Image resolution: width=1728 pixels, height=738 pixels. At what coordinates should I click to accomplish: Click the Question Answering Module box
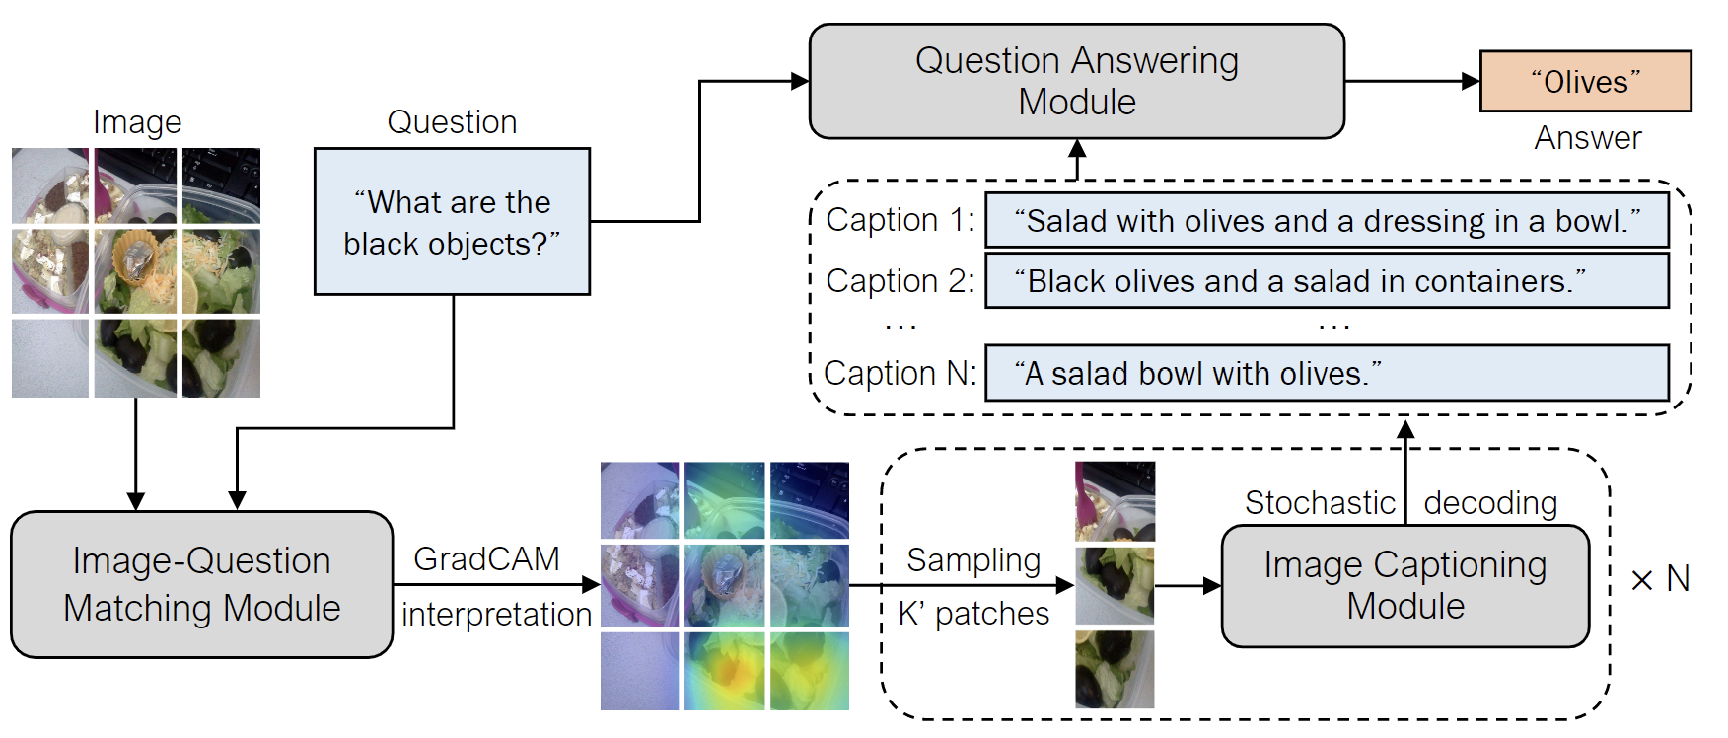point(1077,81)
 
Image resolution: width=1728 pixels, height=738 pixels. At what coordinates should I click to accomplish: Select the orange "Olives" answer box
point(1586,81)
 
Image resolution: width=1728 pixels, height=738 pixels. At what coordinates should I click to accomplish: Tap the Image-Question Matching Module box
point(202,584)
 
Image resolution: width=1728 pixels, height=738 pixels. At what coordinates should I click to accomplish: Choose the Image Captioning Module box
point(1405,586)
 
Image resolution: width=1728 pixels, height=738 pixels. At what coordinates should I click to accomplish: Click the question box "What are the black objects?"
point(452,222)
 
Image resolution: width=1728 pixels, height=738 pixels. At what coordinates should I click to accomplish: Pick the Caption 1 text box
point(1328,220)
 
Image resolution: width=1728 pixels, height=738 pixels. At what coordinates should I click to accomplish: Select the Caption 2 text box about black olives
point(1328,281)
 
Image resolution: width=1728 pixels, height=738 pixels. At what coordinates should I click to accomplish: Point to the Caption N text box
point(1328,373)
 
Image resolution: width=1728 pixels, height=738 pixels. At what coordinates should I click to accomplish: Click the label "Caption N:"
point(900,373)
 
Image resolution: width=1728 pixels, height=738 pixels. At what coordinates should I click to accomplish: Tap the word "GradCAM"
point(486,559)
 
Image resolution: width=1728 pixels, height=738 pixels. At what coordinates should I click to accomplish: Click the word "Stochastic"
point(1320,503)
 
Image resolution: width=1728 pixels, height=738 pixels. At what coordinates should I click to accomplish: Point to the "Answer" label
point(1588,138)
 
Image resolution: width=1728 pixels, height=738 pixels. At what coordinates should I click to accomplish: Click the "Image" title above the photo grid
point(137,122)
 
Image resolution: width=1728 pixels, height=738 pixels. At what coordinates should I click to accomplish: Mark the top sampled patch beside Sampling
point(1115,501)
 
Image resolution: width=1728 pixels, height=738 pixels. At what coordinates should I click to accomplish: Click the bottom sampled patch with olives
point(1115,670)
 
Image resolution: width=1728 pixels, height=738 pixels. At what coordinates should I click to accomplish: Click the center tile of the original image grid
point(136,272)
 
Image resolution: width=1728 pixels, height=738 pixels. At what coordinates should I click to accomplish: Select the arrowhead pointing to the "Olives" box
point(1471,81)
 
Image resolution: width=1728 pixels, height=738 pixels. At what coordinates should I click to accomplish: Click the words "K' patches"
point(973,614)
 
